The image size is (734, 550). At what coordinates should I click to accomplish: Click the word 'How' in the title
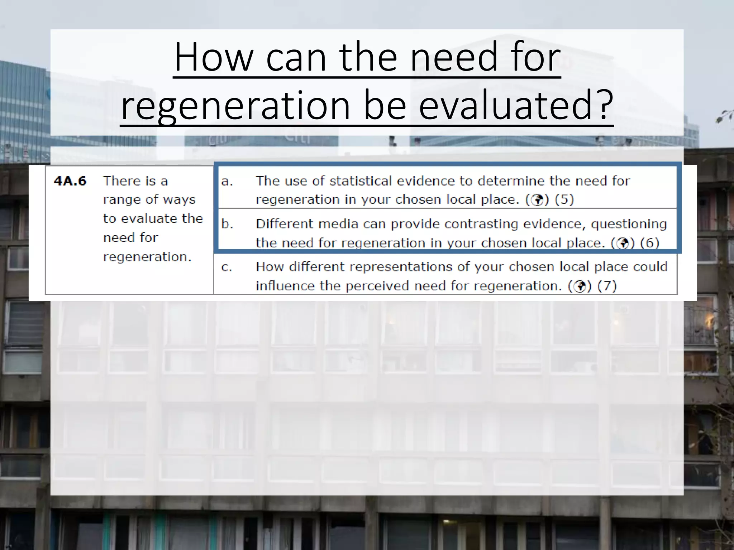[x=214, y=57]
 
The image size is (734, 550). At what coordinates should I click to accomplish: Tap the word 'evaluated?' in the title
[x=516, y=105]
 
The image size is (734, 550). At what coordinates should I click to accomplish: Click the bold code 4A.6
[x=70, y=181]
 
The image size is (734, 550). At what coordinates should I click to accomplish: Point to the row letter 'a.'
[x=227, y=182]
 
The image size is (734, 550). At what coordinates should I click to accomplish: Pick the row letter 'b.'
[x=227, y=224]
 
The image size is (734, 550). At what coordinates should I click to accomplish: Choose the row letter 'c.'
[x=227, y=267]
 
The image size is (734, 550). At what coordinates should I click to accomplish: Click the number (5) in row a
[x=564, y=199]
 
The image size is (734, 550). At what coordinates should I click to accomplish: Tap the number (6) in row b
[x=649, y=243]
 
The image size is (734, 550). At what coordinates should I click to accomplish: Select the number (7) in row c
[x=607, y=286]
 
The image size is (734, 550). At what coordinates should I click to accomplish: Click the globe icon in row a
[x=537, y=200]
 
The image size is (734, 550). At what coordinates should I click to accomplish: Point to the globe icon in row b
[x=623, y=243]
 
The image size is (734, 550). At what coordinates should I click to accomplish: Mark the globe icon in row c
[x=580, y=286]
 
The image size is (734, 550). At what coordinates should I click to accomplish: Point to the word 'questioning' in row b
[x=629, y=224]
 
